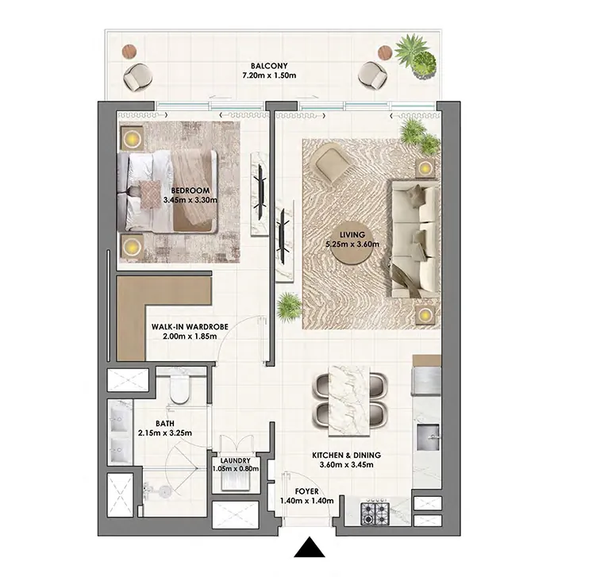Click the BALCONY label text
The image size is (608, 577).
[x=268, y=66]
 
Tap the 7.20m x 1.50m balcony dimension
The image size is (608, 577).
[x=268, y=76]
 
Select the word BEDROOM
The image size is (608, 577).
[x=190, y=190]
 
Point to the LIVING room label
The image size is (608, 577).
[x=352, y=235]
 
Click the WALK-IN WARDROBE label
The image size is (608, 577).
[x=190, y=326]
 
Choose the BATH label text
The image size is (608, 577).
[x=166, y=422]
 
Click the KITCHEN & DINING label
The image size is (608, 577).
[x=346, y=455]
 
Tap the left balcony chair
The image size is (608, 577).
[x=139, y=76]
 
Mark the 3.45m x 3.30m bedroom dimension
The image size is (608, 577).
[x=190, y=201]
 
